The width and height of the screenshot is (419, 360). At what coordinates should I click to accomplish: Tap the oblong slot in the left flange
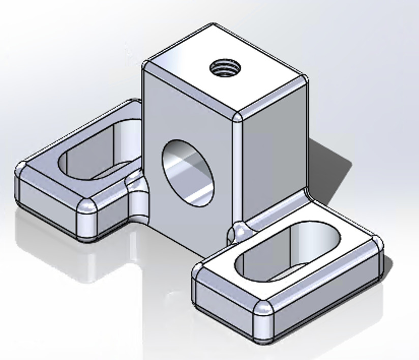pyautogui.click(x=97, y=153)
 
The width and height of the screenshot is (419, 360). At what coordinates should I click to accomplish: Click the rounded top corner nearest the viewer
pyautogui.click(x=237, y=117)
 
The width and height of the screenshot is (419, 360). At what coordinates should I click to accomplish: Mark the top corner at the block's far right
pyautogui.click(x=304, y=79)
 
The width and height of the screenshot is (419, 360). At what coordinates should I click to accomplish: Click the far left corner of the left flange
pyautogui.click(x=21, y=170)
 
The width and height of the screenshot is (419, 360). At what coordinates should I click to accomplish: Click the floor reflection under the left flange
pyautogui.click(x=76, y=259)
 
